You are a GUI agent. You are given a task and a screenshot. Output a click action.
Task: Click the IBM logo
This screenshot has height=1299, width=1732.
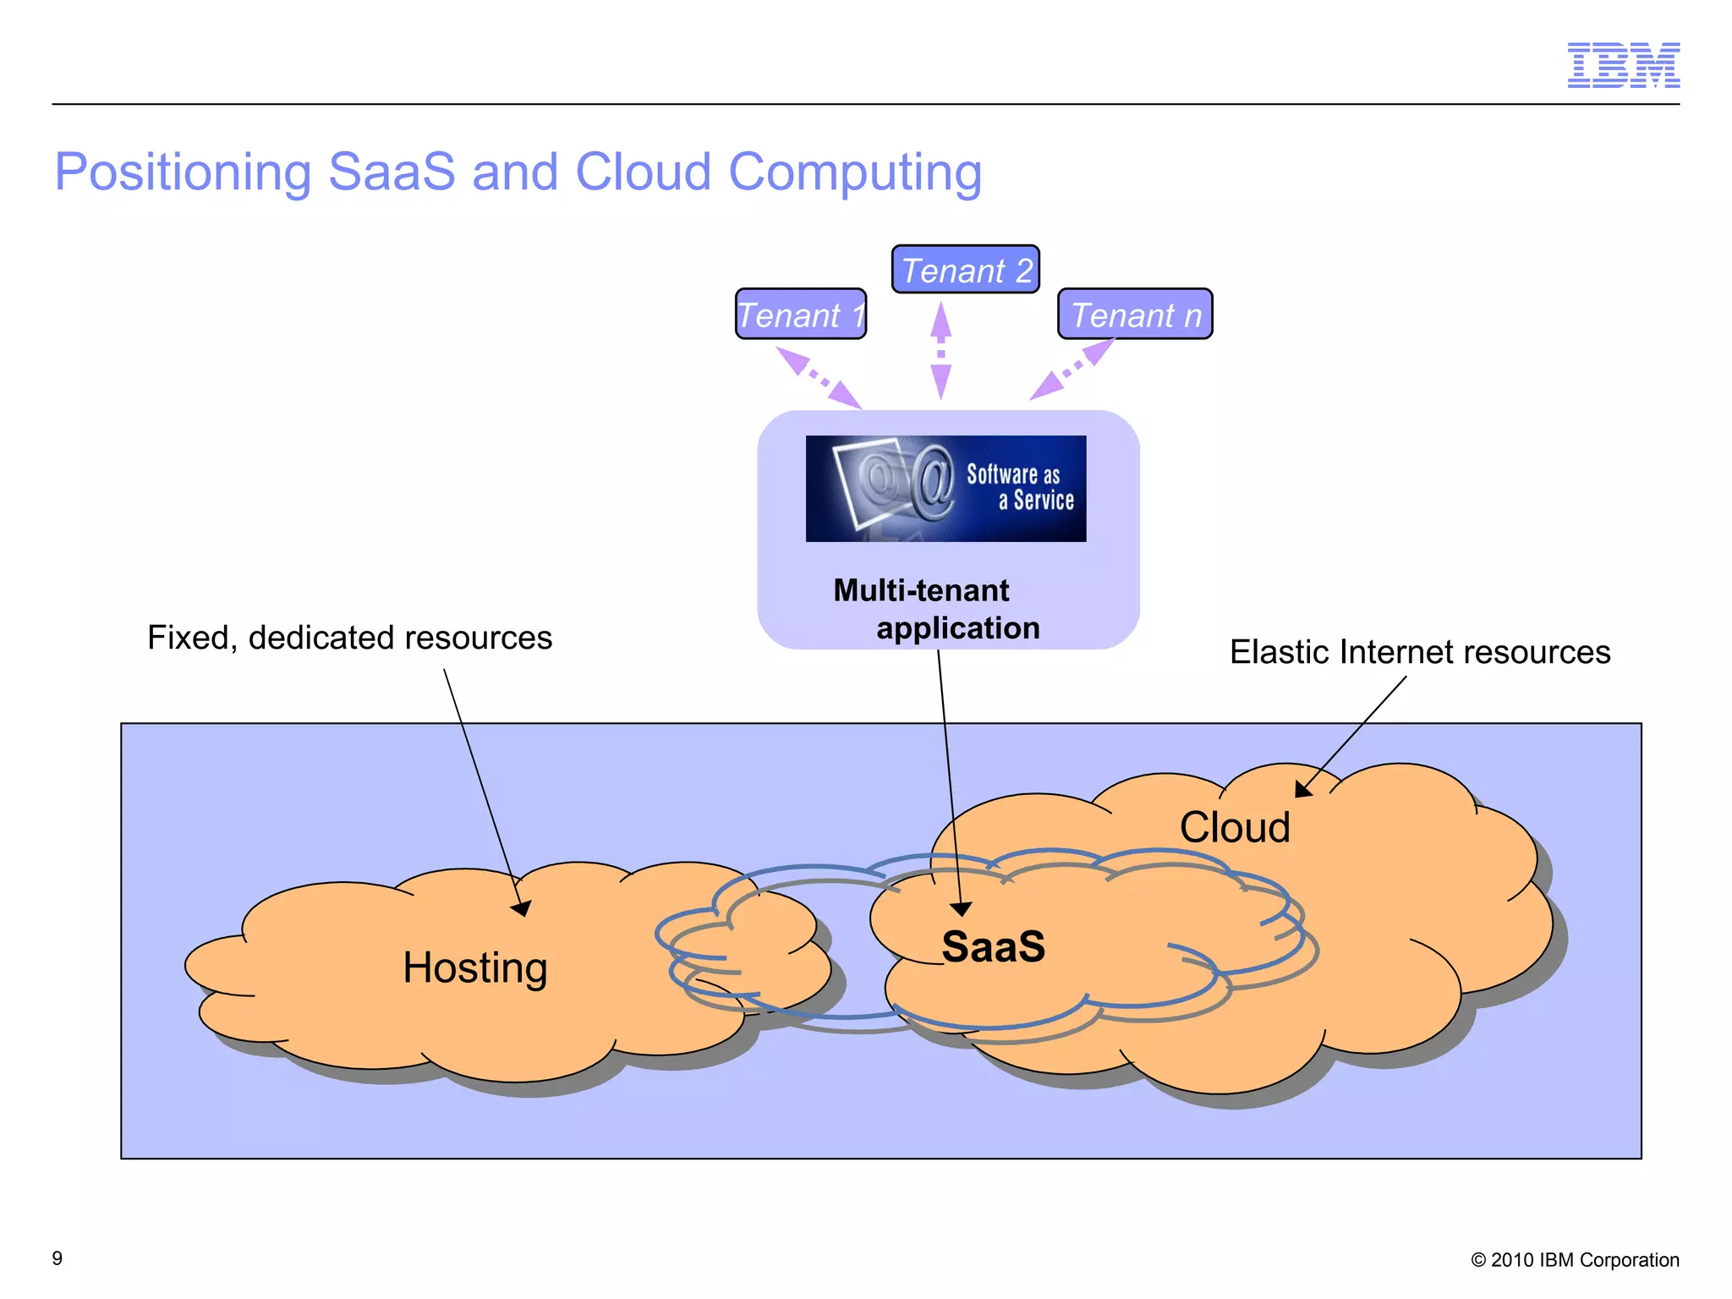click(x=1623, y=65)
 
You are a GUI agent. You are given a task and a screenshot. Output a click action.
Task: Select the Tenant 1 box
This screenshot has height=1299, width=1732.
click(x=800, y=315)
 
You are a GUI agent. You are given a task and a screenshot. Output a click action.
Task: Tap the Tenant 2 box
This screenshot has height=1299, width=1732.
click(x=965, y=270)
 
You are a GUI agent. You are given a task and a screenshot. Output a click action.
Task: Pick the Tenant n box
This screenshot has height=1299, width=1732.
click(x=1135, y=315)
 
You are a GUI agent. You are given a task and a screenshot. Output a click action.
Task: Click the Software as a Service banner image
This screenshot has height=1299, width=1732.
click(x=945, y=489)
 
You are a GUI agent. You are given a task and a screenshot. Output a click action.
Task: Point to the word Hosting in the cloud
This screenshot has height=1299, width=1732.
click(x=474, y=967)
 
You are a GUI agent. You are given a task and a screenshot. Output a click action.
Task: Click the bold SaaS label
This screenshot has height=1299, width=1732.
click(x=993, y=946)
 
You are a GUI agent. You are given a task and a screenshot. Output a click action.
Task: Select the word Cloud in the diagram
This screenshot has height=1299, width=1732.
click(x=1234, y=827)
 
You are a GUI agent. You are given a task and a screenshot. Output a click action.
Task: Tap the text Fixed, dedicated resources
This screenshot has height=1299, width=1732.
click(x=349, y=638)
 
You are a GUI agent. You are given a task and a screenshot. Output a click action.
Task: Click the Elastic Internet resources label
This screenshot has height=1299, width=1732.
click(x=1419, y=652)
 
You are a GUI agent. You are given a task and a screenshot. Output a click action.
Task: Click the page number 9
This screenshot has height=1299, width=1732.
click(x=58, y=1258)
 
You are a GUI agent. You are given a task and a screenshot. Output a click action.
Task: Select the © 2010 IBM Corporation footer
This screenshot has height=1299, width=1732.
click(x=1574, y=1260)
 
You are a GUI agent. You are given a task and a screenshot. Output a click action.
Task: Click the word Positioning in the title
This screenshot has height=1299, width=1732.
click(x=183, y=173)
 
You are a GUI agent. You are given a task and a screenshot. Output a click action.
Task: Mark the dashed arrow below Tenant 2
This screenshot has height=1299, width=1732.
click(x=940, y=350)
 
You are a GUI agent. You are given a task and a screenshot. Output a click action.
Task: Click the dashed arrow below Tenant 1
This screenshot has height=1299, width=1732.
click(x=819, y=378)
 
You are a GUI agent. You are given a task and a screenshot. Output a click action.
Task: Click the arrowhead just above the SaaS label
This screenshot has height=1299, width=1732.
click(x=962, y=909)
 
